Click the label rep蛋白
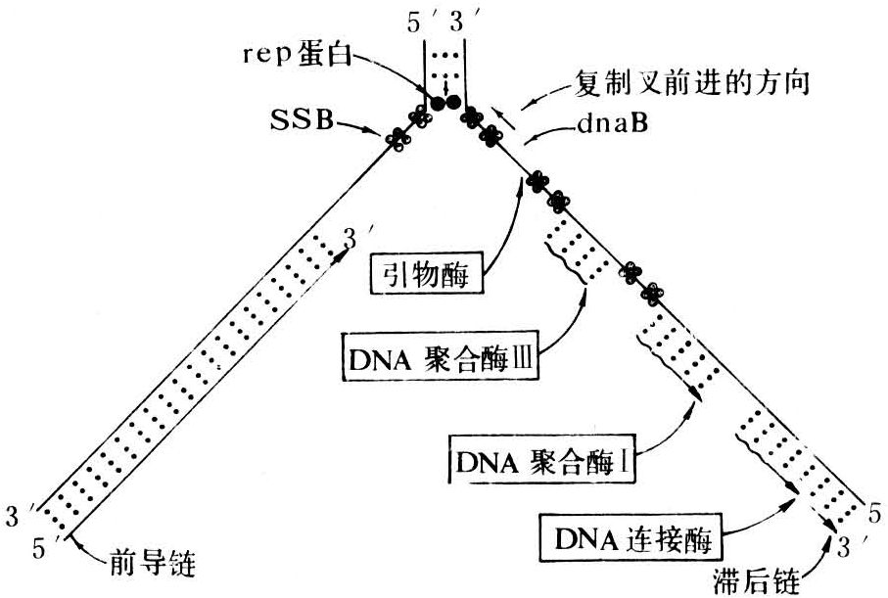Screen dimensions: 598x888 (292, 55)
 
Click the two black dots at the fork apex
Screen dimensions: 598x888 (444, 100)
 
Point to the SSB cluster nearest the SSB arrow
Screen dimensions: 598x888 (397, 139)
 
